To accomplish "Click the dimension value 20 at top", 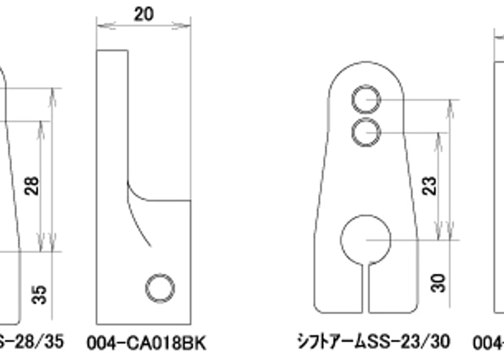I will click(143, 14).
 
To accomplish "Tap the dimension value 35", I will click(39, 294).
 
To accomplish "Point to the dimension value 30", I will click(440, 282).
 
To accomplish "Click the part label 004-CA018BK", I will click(150, 343).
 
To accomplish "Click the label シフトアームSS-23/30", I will click(373, 342).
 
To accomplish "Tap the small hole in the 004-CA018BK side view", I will click(160, 288).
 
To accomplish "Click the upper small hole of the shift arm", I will click(366, 100).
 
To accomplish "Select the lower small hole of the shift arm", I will click(366, 132).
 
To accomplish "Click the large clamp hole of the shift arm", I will click(366, 240).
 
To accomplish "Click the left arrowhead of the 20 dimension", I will click(100, 26).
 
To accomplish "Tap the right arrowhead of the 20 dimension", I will click(187, 26).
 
